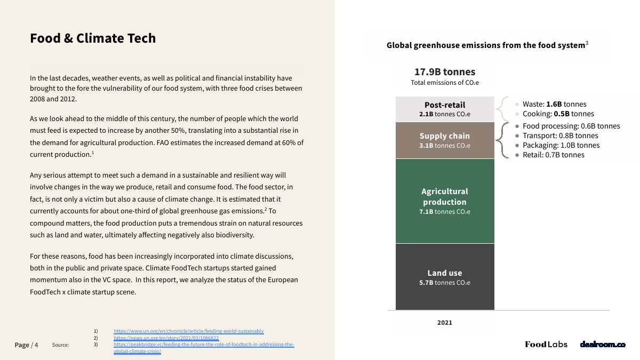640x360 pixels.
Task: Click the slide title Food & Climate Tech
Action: click(93, 38)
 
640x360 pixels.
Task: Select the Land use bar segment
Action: click(445, 277)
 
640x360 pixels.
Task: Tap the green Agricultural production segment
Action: click(445, 201)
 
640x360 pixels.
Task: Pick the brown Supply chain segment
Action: click(445, 140)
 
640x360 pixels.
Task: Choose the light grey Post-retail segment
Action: click(445, 109)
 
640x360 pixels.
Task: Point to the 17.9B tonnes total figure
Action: click(445, 72)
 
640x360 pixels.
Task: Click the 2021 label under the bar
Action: click(445, 322)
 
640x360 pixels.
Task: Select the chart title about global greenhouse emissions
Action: click(487, 45)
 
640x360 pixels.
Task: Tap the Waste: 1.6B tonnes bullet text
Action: click(554, 105)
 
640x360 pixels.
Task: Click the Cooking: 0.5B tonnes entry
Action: click(558, 114)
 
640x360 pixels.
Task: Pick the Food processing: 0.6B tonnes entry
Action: click(571, 126)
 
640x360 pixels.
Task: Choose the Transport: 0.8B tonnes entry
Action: click(560, 136)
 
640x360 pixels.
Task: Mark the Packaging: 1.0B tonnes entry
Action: click(561, 145)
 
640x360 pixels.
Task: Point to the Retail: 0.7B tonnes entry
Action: click(553, 155)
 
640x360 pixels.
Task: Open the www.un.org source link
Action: click(189, 331)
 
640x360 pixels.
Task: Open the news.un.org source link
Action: click(166, 338)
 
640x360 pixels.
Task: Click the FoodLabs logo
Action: click(546, 345)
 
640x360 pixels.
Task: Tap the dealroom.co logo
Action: click(603, 345)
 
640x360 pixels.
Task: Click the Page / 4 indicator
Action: click(27, 345)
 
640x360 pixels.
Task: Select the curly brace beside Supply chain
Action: click(501, 140)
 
